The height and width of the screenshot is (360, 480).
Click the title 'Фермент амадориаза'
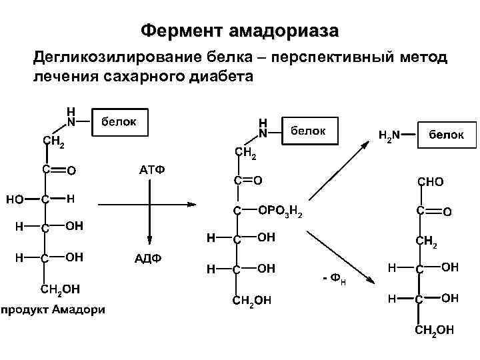pyautogui.click(x=240, y=31)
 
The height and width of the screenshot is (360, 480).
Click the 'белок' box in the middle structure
pyautogui.click(x=309, y=131)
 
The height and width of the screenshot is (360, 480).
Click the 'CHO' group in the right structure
pyautogui.click(x=430, y=181)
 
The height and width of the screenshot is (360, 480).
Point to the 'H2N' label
pyautogui.click(x=389, y=135)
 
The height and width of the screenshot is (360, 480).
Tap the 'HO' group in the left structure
pyautogui.click(x=15, y=199)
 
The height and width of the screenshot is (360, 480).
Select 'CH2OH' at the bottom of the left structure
pyautogui.click(x=61, y=289)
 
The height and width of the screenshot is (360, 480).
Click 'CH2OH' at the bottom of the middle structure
pyautogui.click(x=251, y=300)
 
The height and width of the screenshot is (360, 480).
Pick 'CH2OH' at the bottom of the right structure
pyautogui.click(x=434, y=329)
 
